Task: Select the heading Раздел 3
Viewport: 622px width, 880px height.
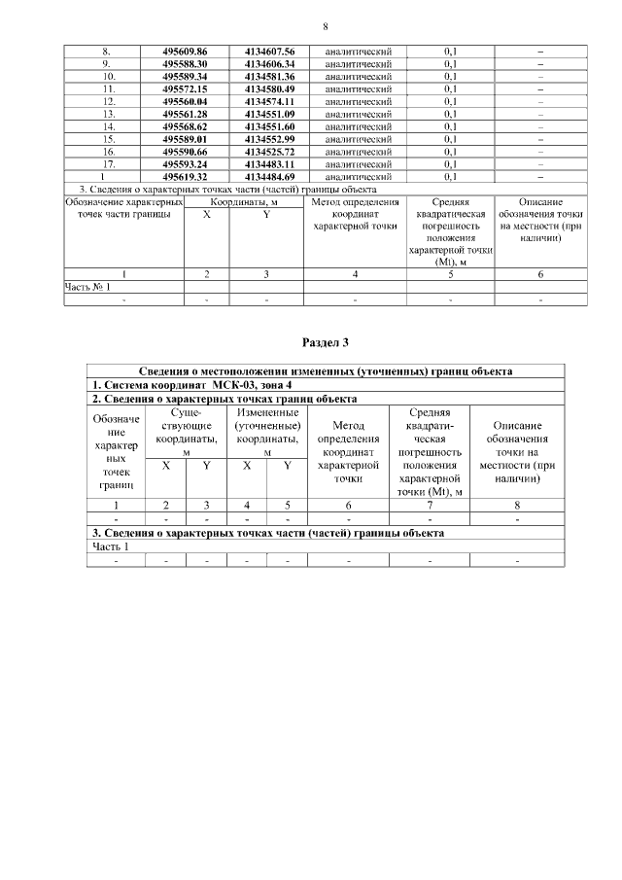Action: [325, 342]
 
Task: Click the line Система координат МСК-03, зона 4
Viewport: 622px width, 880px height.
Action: [169, 385]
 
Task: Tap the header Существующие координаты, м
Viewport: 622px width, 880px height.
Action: [186, 426]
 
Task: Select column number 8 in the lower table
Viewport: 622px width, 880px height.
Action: [517, 505]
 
